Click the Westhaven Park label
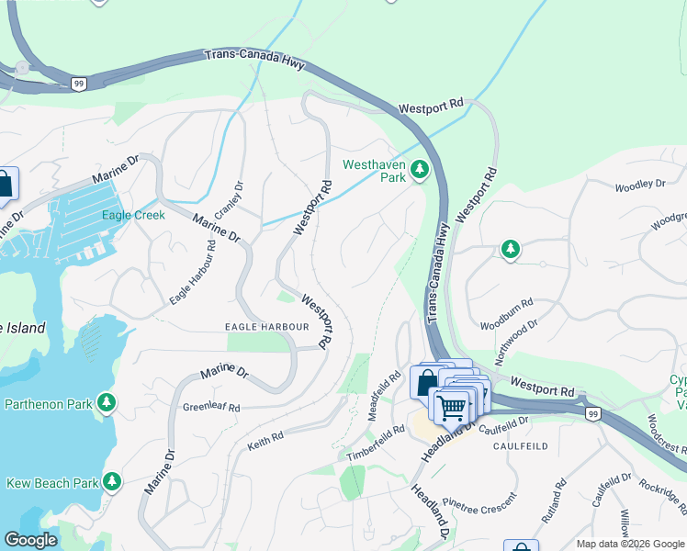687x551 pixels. tap(373, 172)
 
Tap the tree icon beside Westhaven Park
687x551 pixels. tap(420, 170)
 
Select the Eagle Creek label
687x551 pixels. tap(133, 215)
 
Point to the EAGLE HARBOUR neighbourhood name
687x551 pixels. tap(265, 326)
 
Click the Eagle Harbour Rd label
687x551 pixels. tap(193, 273)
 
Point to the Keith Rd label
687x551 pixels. tap(265, 444)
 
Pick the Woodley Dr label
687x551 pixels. tap(639, 186)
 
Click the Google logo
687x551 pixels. tap(31, 540)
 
